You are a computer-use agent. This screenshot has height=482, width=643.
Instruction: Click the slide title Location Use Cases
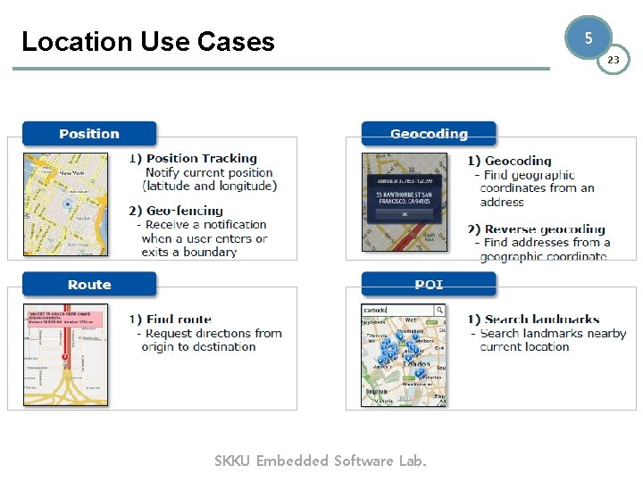pos(148,41)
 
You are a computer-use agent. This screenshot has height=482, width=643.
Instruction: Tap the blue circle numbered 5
pos(588,38)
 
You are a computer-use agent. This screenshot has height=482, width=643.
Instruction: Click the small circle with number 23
pos(613,60)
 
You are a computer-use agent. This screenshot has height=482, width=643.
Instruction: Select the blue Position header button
pos(89,134)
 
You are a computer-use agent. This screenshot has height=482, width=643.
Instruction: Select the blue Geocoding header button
pos(429,134)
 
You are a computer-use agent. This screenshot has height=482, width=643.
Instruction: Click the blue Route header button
pos(89,285)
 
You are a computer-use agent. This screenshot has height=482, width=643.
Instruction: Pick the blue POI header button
pos(429,285)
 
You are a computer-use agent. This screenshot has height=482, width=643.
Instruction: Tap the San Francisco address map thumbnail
pos(405,203)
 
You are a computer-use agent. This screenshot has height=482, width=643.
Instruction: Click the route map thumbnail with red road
pos(65,355)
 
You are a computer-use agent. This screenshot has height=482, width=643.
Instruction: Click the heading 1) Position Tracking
pos(193,159)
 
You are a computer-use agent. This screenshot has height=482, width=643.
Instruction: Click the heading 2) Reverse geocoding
pos(536,229)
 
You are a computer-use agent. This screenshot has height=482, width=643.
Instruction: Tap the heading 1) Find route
pos(171,319)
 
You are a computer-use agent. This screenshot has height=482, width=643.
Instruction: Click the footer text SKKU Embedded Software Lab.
pos(321,461)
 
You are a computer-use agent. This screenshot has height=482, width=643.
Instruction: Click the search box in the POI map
pos(398,310)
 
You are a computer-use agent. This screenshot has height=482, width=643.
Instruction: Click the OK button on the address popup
pos(405,214)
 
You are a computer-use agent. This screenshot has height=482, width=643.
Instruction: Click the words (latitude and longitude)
pos(210,186)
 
